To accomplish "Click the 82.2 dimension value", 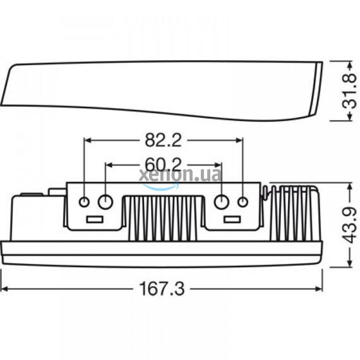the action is pos(163,140).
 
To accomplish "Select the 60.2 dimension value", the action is pos(163,165).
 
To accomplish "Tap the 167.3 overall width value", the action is pos(162,289).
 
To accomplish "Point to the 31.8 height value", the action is pos(349,92).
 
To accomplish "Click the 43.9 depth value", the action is pos(350,225).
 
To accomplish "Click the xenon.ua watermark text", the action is pos(180,175).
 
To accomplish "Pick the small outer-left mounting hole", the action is pos(84,202).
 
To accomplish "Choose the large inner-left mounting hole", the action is pos(105,202).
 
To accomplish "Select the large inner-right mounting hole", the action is pos(222,202).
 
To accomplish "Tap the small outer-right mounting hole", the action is pos(243,202).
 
